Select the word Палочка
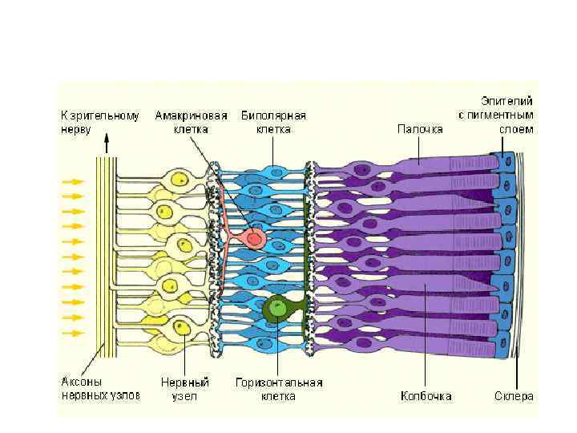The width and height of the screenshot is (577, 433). pos(419,128)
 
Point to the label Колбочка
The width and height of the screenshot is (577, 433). pos(426,396)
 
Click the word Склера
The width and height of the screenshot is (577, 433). pos(513,396)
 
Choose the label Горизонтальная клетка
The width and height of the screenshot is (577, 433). pos(278,390)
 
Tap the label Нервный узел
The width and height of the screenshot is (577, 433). pos(180,390)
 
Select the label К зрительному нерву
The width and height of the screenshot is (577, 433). pos(99,122)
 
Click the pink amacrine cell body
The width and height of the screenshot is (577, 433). pos(255,238)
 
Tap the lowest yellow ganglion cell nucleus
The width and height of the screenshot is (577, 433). pos(181,328)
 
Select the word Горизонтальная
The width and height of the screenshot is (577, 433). pos(278,383)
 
